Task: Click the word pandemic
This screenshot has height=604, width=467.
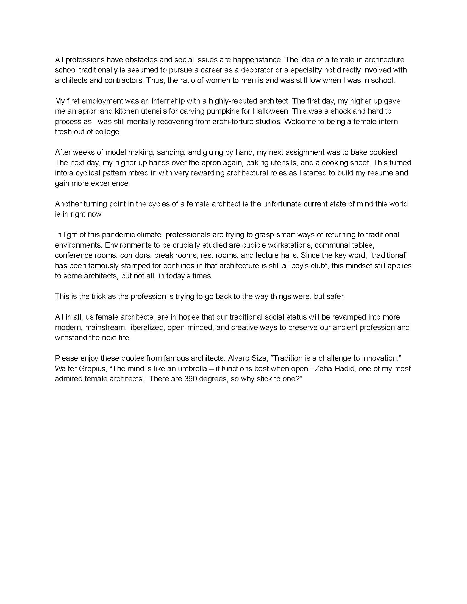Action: point(119,235)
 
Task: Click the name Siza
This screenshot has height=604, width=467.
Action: point(257,358)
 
